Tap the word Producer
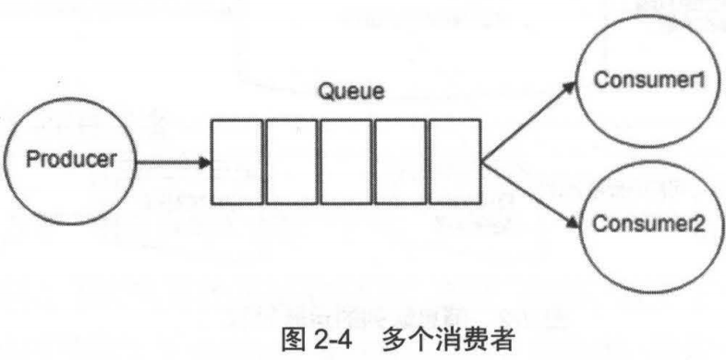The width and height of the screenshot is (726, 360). coord(71,160)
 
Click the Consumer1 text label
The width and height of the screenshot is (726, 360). coord(649,80)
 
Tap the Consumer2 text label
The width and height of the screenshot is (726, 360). coord(649,224)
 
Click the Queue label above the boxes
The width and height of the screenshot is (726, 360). coord(351,91)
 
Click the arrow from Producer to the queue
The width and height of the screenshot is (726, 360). coord(174,162)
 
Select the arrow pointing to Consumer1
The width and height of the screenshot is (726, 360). coord(528,122)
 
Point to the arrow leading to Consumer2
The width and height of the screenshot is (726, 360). coord(530,195)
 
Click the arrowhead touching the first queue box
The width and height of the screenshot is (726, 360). coord(205,162)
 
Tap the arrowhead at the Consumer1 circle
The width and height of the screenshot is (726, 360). coord(569,88)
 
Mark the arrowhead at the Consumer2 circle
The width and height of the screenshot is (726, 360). coord(573,222)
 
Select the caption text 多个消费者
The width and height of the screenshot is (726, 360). coord(448,342)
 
